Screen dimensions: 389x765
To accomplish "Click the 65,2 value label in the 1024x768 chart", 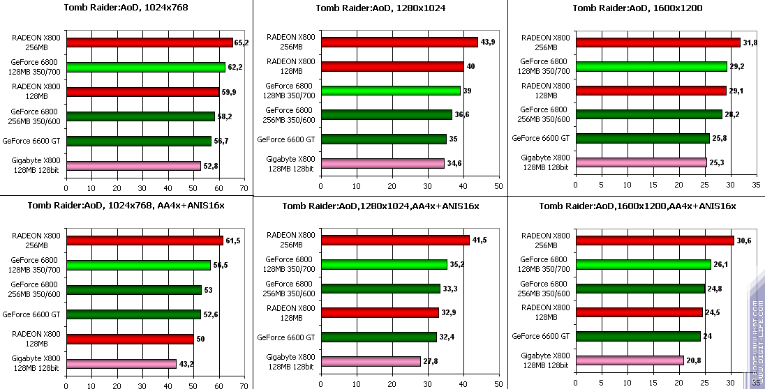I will pyautogui.click(x=242, y=43).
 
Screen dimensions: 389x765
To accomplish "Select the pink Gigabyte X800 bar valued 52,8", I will pyautogui.click(x=133, y=166).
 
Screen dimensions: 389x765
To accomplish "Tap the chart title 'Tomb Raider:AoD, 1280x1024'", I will pyautogui.click(x=380, y=8).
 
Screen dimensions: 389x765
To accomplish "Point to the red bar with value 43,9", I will pyautogui.click(x=399, y=43).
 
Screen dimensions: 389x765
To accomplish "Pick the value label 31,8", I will pyautogui.click(x=750, y=43).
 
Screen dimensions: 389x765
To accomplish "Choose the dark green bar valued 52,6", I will pyautogui.click(x=133, y=314).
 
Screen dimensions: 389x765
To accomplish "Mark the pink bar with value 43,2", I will pyautogui.click(x=121, y=363).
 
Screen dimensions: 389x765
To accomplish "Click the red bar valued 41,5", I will pyautogui.click(x=394, y=241).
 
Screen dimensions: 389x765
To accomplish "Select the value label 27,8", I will pyautogui.click(x=431, y=361).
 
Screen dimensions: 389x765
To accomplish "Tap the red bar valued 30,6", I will pyautogui.click(x=655, y=241).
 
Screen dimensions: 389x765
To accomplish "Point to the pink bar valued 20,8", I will pyautogui.click(x=630, y=360).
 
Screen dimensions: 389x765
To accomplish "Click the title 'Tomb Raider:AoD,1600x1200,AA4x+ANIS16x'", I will pyautogui.click(x=637, y=206).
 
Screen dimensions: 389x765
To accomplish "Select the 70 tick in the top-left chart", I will pyautogui.click(x=244, y=188).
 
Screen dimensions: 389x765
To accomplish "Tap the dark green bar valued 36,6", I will pyautogui.click(x=386, y=115).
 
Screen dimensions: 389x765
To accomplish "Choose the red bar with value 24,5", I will pyautogui.click(x=639, y=312).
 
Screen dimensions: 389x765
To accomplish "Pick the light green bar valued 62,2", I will pyautogui.click(x=146, y=68).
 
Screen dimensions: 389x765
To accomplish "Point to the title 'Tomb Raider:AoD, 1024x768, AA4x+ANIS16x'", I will pyautogui.click(x=126, y=206).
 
